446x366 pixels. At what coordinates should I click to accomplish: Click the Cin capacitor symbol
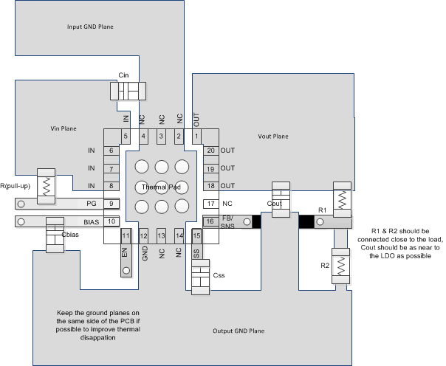[x=128, y=91]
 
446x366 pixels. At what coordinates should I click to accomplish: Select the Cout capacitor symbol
[x=281, y=199]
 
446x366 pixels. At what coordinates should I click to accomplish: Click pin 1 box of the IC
[x=196, y=136]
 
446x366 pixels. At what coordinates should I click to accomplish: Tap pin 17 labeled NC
[x=210, y=204]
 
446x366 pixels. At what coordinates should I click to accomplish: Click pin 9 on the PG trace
[x=111, y=204]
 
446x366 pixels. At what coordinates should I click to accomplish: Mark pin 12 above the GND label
[x=144, y=235]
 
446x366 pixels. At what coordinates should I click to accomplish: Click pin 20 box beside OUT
[x=210, y=151]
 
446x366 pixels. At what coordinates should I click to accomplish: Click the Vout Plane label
[x=293, y=137]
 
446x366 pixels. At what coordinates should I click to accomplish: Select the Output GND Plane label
[x=238, y=330]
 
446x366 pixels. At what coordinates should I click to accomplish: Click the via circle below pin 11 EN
[x=126, y=271]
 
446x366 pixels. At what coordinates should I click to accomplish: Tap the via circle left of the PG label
[x=21, y=204]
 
